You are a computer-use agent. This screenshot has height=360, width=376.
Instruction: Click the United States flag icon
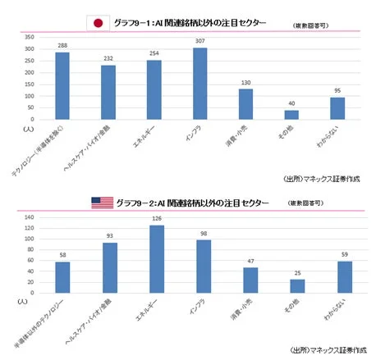tap(103, 202)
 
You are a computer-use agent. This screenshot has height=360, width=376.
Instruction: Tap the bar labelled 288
tap(62, 86)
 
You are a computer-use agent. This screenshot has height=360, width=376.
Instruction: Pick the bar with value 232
tap(108, 92)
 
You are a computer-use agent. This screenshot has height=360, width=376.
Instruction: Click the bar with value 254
tap(154, 89)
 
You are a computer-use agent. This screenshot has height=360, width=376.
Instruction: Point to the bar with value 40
tap(291, 115)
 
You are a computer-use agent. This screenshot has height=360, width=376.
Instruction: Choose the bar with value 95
tap(337, 108)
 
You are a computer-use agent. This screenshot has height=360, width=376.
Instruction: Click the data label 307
tap(200, 41)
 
